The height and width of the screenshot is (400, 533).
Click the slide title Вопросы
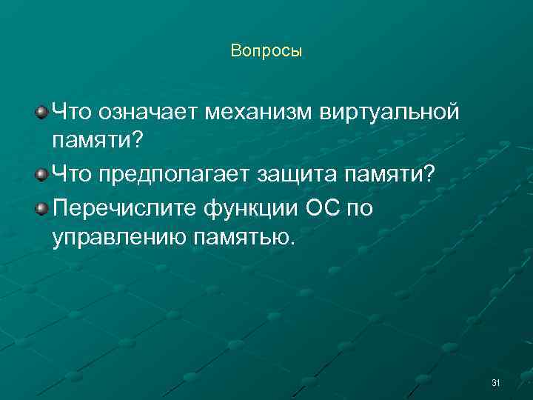coord(266,51)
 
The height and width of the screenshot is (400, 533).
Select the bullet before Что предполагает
coord(41,173)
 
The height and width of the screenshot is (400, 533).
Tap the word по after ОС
coord(360,208)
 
